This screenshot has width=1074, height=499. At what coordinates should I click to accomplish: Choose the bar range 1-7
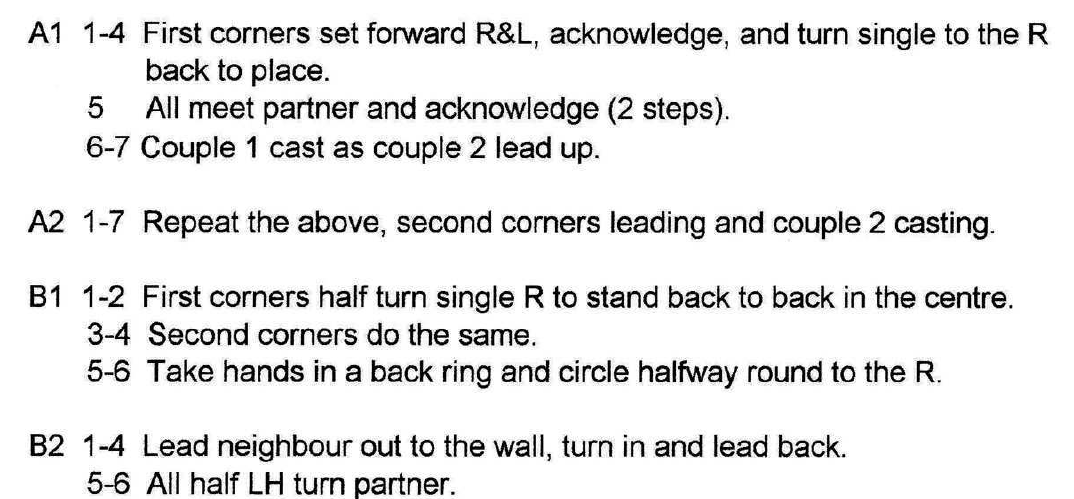pos(104,222)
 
